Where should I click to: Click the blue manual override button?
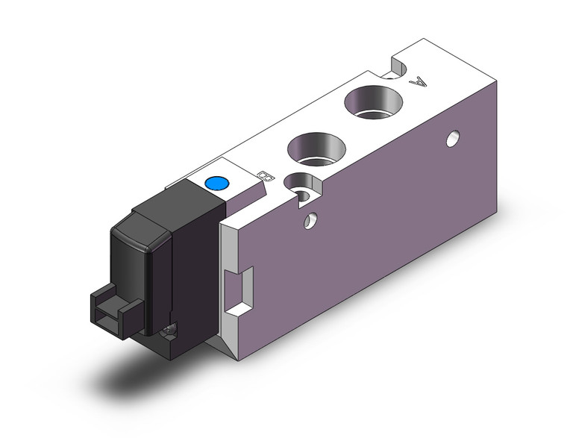coord(216,184)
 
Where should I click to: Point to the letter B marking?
coord(263,176)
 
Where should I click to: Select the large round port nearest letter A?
coord(371,101)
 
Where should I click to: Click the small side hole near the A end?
coord(451,138)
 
